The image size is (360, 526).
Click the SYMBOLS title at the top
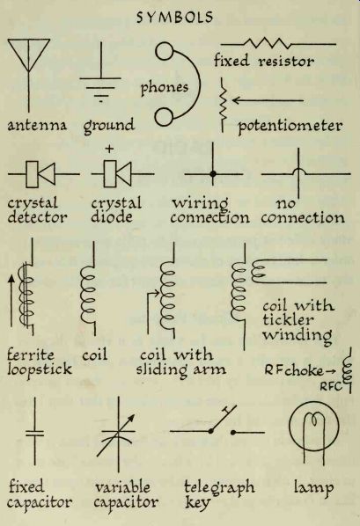174,17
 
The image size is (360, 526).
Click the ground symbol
100,72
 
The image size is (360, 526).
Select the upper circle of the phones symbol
165,51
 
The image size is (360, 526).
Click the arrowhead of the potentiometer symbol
236,100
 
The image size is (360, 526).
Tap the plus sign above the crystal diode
109,149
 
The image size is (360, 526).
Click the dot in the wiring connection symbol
212,174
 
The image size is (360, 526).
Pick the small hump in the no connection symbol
298,172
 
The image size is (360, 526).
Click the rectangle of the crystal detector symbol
33,174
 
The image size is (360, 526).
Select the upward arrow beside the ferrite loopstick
11,301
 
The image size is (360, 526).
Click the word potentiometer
290,127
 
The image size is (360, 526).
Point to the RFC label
329,386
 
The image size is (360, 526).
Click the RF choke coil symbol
348,370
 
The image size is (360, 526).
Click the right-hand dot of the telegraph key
232,433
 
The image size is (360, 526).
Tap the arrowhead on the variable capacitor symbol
130,419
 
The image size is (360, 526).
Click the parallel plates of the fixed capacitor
34,433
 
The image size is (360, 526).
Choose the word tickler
288,319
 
